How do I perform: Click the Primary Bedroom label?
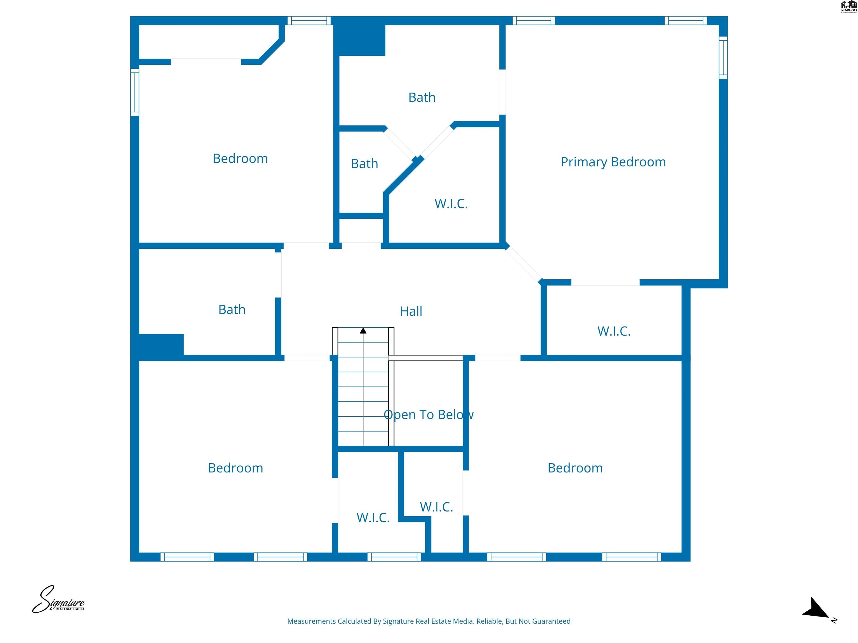(613, 162)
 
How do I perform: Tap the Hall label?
(411, 311)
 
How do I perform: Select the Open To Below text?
(428, 415)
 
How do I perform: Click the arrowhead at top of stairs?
(363, 331)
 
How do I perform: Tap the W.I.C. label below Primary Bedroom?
(614, 331)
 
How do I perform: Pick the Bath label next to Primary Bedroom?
(422, 97)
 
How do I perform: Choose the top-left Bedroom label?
(240, 159)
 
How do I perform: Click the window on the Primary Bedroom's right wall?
(723, 57)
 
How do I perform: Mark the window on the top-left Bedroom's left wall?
(135, 92)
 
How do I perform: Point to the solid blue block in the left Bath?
(161, 345)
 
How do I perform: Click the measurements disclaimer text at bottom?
(429, 621)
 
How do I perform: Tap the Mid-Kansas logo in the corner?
(848, 7)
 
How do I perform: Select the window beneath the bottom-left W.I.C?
(394, 557)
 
